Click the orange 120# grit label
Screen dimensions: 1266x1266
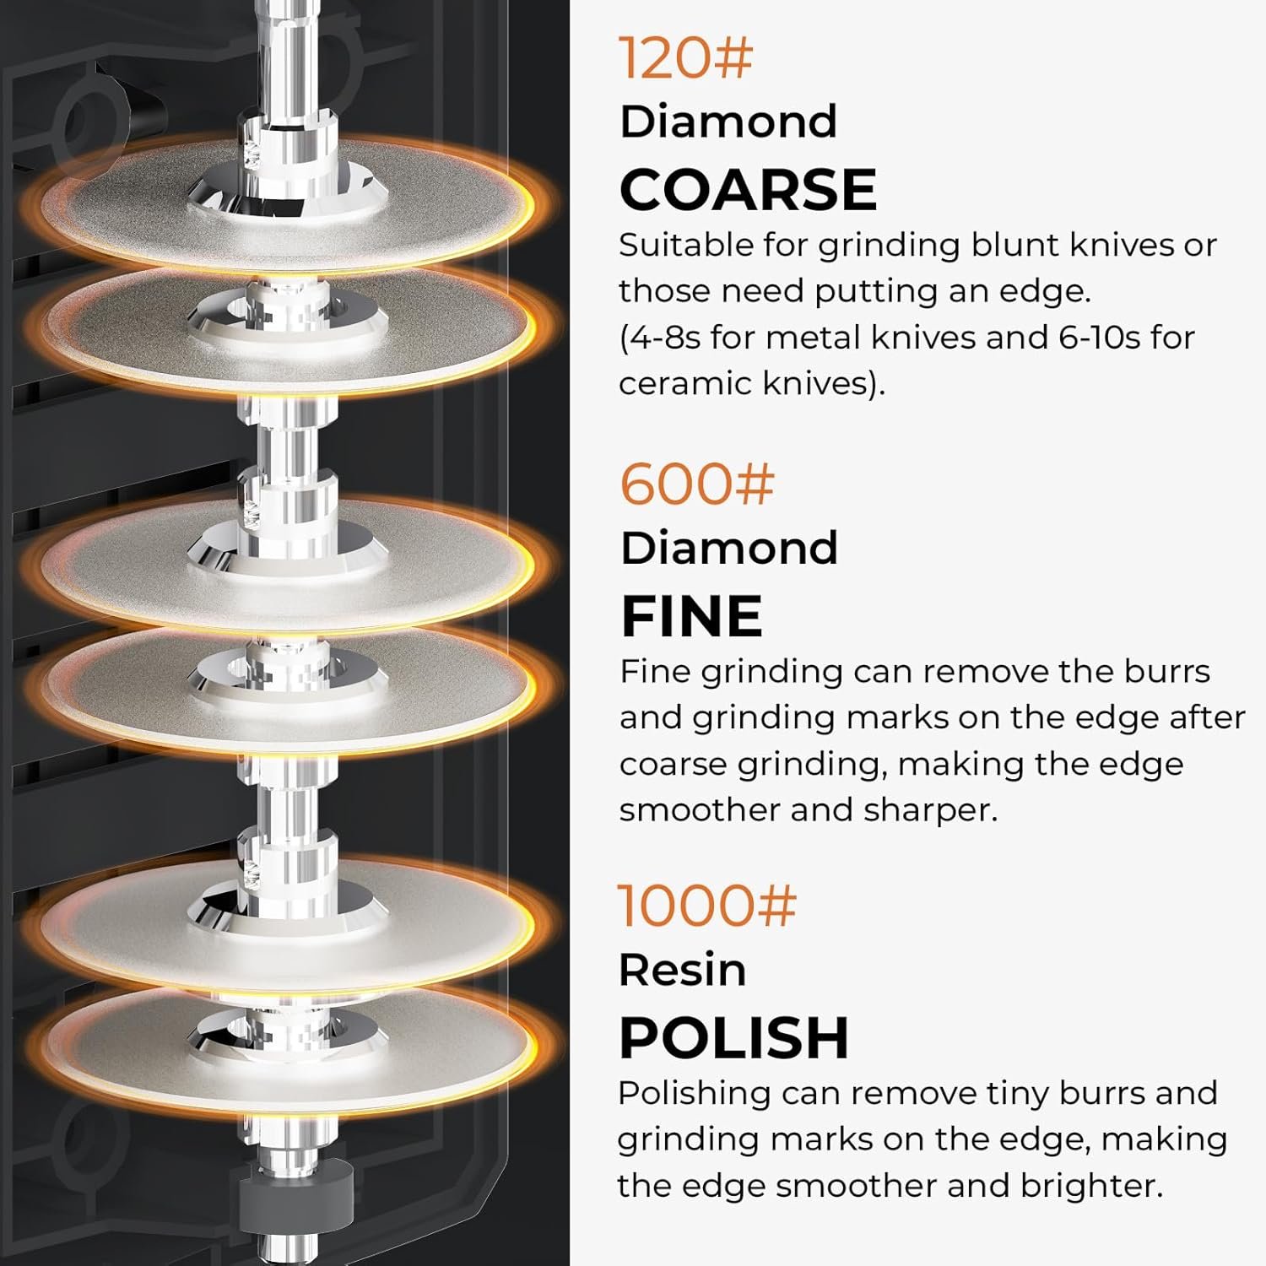coord(685,57)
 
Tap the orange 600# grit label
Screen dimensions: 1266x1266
coord(696,484)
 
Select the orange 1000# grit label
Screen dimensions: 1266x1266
coord(707,905)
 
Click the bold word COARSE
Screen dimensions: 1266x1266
coord(749,189)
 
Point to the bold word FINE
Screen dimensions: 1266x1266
coord(692,615)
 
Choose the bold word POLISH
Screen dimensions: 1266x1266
coord(733,1037)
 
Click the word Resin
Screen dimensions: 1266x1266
coord(683,970)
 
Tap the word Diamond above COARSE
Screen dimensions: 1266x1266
coord(729,122)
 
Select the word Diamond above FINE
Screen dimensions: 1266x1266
coord(730,548)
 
